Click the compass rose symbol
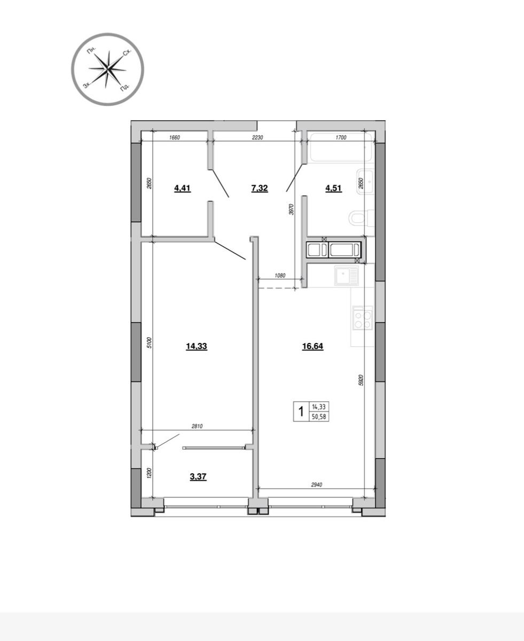coord(108,69)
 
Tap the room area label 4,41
coord(182,188)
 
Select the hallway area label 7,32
coord(259,188)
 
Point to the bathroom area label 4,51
coord(334,188)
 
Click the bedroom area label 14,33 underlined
coord(196,346)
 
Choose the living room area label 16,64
coord(312,346)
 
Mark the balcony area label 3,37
coord(198,476)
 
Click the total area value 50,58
coord(319,416)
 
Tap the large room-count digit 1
coord(301,412)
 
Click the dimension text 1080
coord(280,276)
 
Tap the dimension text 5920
coord(361,380)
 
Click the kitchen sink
coord(345,276)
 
